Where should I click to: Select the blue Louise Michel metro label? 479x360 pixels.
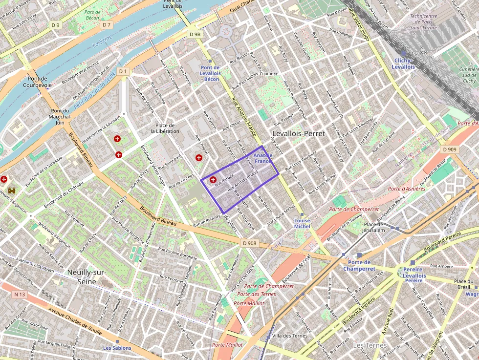pyautogui.click(x=302, y=223)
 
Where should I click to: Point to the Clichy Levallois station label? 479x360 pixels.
pyautogui.click(x=404, y=64)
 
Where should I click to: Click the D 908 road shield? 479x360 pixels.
pyautogui.click(x=249, y=243)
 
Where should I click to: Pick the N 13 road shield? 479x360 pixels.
pyautogui.click(x=20, y=294)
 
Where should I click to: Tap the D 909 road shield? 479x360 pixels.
pyautogui.click(x=451, y=149)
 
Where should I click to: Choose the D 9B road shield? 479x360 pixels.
pyautogui.click(x=195, y=34)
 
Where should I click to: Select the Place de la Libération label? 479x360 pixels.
pyautogui.click(x=165, y=128)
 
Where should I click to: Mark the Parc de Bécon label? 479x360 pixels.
pyautogui.click(x=92, y=15)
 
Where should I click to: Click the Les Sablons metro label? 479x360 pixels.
pyautogui.click(x=117, y=348)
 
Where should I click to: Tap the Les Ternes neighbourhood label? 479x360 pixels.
pyautogui.click(x=370, y=345)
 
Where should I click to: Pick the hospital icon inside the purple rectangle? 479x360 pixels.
pyautogui.click(x=213, y=180)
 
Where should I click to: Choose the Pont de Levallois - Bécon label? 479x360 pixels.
pyautogui.click(x=210, y=73)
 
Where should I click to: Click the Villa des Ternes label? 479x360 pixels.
pyautogui.click(x=290, y=336)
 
